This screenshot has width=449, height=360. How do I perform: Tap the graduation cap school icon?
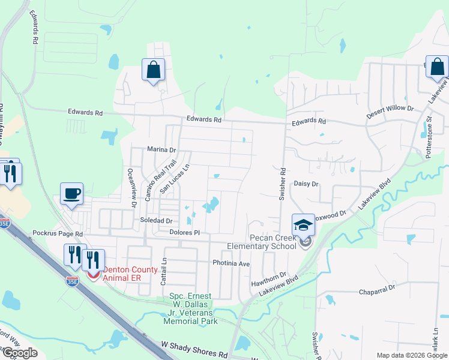[x=303, y=226]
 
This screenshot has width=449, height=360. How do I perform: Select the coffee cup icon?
[x=72, y=193]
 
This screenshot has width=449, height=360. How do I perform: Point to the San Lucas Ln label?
[x=175, y=178]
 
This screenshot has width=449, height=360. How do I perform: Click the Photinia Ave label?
[x=231, y=263]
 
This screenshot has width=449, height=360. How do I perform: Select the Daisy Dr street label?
[x=306, y=184]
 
